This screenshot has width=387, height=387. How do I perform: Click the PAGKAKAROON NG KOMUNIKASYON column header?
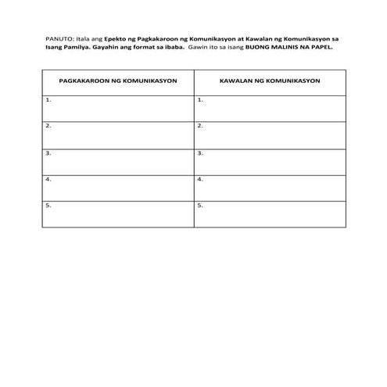point(117,81)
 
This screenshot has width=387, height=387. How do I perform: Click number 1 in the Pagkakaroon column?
point(48,99)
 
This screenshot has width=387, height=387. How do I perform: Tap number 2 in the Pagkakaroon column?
point(48,126)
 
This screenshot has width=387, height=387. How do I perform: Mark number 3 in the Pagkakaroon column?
point(48,152)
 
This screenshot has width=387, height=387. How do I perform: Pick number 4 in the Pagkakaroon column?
point(48,179)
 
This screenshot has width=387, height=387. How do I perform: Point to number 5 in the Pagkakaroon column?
point(48,206)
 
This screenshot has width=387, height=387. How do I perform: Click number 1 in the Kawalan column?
point(200,99)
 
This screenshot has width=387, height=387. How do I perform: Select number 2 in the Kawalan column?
point(200,126)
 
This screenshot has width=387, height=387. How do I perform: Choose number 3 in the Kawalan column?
point(200,152)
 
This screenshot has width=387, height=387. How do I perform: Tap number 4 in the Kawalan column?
point(200,179)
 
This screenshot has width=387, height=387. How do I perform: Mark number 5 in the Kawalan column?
point(200,206)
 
